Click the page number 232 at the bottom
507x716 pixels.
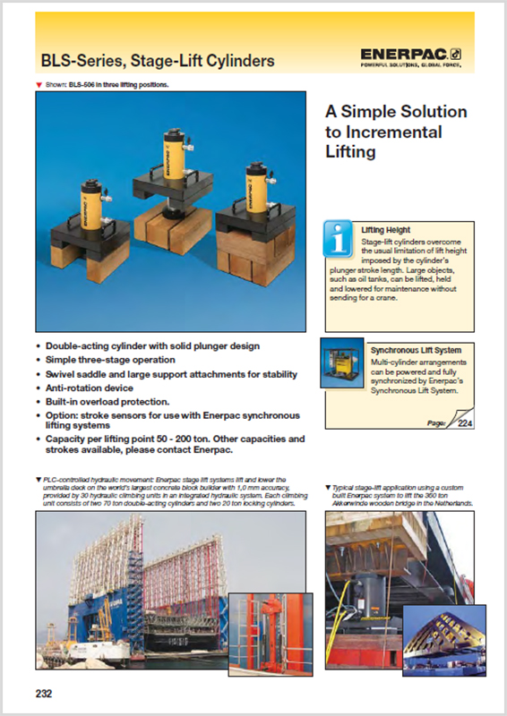[45, 692]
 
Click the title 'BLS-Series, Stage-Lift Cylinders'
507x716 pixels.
[158, 61]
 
